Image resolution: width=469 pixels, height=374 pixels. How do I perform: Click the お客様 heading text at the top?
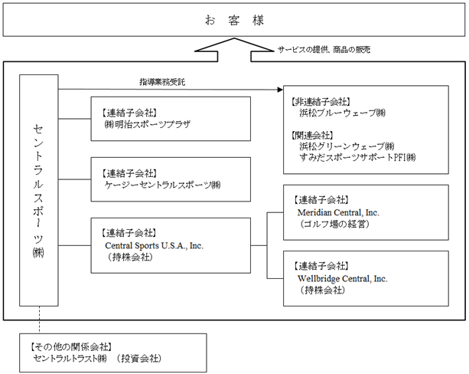(x=234, y=21)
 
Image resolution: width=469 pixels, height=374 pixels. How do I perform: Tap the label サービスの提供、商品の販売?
(x=324, y=50)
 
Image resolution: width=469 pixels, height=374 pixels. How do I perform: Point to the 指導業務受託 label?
(x=162, y=82)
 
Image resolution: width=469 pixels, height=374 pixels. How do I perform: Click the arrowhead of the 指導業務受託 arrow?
(x=280, y=90)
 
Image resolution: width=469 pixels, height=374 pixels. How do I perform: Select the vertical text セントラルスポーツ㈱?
(x=38, y=191)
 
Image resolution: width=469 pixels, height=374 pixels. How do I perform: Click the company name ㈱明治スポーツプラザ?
(x=148, y=124)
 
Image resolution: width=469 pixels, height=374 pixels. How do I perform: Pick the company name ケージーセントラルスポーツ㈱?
(x=162, y=185)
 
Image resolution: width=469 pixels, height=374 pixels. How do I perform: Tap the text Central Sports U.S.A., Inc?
(x=154, y=246)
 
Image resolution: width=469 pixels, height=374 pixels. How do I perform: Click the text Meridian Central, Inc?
(x=338, y=213)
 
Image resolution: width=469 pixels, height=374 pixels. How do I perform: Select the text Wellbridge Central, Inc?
(x=343, y=279)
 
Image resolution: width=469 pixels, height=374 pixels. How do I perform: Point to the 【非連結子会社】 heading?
(x=320, y=102)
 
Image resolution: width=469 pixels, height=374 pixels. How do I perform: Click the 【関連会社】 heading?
(x=311, y=136)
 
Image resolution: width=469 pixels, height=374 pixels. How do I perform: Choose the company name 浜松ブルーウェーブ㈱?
(x=343, y=113)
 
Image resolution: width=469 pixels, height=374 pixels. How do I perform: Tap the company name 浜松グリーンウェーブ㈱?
(x=347, y=146)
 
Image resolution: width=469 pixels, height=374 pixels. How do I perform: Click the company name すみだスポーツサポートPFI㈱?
(x=357, y=157)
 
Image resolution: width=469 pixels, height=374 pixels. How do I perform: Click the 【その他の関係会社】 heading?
(x=71, y=347)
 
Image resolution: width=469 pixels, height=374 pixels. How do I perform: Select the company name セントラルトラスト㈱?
(x=70, y=358)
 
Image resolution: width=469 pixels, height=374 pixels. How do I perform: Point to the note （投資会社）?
(x=139, y=358)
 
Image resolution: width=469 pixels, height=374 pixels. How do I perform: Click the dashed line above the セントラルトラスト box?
(x=39, y=320)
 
